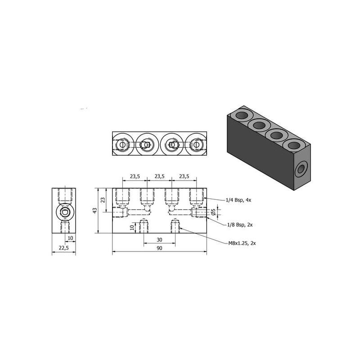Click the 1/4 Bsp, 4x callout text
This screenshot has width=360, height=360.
pos(238,200)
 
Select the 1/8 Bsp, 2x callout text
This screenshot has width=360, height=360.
pos(240,225)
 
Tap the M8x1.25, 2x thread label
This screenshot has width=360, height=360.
pos(242,243)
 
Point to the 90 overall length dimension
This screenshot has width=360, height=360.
pos(159,248)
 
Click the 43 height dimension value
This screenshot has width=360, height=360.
pos(95,211)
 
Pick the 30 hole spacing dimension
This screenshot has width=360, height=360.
pos(159,240)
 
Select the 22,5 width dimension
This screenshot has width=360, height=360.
pos(64,248)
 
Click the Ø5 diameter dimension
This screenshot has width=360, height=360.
pos(213,212)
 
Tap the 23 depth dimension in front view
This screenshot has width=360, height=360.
pos(103,200)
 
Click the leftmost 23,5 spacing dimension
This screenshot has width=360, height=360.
pos(135,176)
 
